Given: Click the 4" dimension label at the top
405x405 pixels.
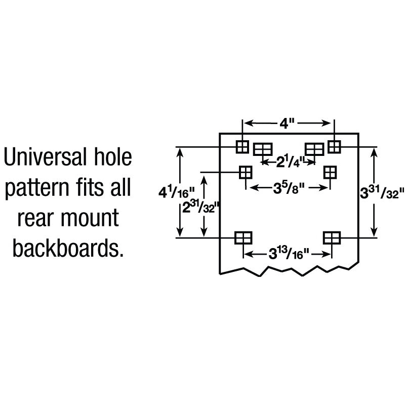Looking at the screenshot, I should click(x=287, y=124).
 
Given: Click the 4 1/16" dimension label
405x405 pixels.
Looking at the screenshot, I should click(x=169, y=192).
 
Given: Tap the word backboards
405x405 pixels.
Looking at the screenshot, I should click(x=68, y=249).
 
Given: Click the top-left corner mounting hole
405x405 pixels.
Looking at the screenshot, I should click(x=242, y=147).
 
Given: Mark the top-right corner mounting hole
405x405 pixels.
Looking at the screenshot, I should click(x=334, y=146).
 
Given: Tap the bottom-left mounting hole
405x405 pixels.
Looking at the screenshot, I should click(x=243, y=237).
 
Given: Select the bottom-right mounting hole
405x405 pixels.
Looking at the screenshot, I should click(x=331, y=237).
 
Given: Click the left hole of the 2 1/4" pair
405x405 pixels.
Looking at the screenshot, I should click(x=262, y=149).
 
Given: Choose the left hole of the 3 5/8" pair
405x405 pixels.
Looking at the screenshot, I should click(x=246, y=172).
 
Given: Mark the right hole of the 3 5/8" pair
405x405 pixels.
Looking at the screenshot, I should click(x=330, y=172).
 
